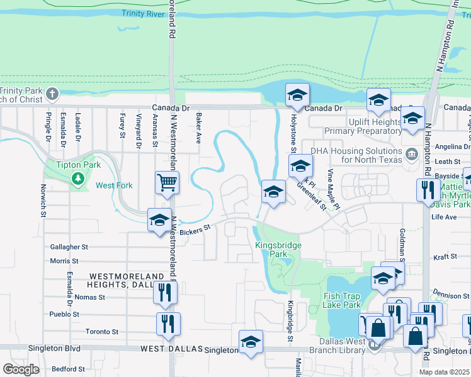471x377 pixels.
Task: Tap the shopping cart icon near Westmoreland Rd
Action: tap(167, 183)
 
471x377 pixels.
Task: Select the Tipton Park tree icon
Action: tap(78, 178)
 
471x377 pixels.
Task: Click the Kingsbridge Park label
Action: tap(278, 249)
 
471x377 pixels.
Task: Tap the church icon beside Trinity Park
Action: tap(52, 95)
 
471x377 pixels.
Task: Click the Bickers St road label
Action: tap(194, 231)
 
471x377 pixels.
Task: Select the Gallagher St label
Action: tap(69, 248)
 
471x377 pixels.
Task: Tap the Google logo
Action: tap(21, 369)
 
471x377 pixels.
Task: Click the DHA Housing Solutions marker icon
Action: tap(411, 153)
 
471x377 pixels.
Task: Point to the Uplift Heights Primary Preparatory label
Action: tap(363, 126)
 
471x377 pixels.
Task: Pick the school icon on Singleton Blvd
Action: tap(251, 342)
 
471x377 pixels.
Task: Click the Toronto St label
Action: tap(102, 331)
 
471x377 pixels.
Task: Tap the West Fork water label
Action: tap(113, 185)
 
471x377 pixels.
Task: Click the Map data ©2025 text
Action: tap(444, 372)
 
